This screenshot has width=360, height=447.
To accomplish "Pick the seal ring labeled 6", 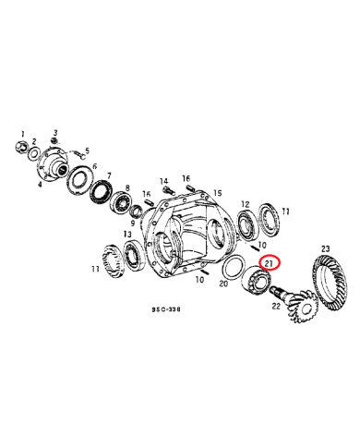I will coord(79,179).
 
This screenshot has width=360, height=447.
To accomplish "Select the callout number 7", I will coord(108,175).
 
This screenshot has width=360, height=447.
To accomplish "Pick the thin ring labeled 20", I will coord(234,272).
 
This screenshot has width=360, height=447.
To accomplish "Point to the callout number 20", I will coord(222,285).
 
